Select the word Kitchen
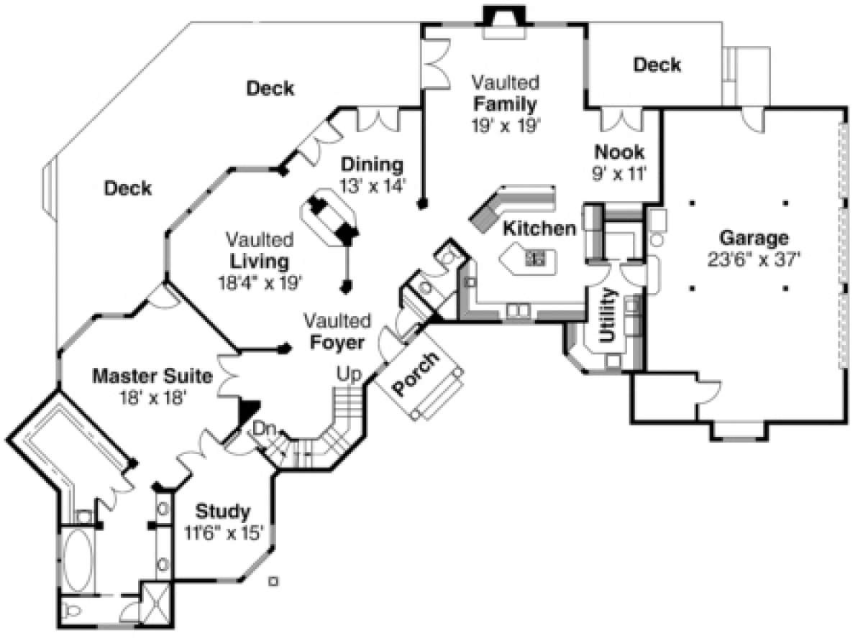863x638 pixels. point(539,229)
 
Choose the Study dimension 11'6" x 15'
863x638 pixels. point(222,532)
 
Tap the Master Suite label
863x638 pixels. point(152,376)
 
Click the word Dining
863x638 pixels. point(372,164)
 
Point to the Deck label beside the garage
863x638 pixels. point(657,65)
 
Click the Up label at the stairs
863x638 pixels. point(350,374)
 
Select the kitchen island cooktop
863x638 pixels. point(535,256)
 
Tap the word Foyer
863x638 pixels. point(337,343)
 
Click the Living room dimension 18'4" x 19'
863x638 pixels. point(260,282)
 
